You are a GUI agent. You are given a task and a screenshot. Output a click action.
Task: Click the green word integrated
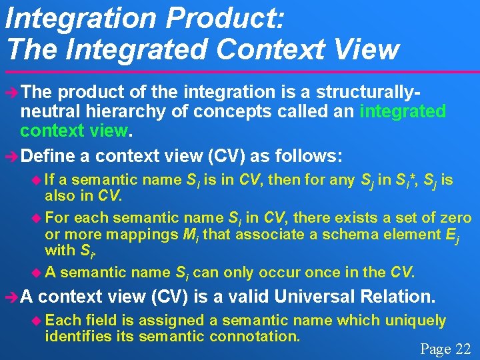coord(402,111)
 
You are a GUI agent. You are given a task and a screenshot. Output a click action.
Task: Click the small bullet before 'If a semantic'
coord(37,180)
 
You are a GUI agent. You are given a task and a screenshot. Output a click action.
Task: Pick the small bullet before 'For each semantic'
coord(37,218)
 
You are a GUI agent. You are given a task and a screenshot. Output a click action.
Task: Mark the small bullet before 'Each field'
coord(37,321)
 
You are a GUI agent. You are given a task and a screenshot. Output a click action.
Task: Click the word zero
coord(455,217)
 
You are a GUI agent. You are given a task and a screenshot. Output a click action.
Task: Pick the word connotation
coord(253,336)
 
